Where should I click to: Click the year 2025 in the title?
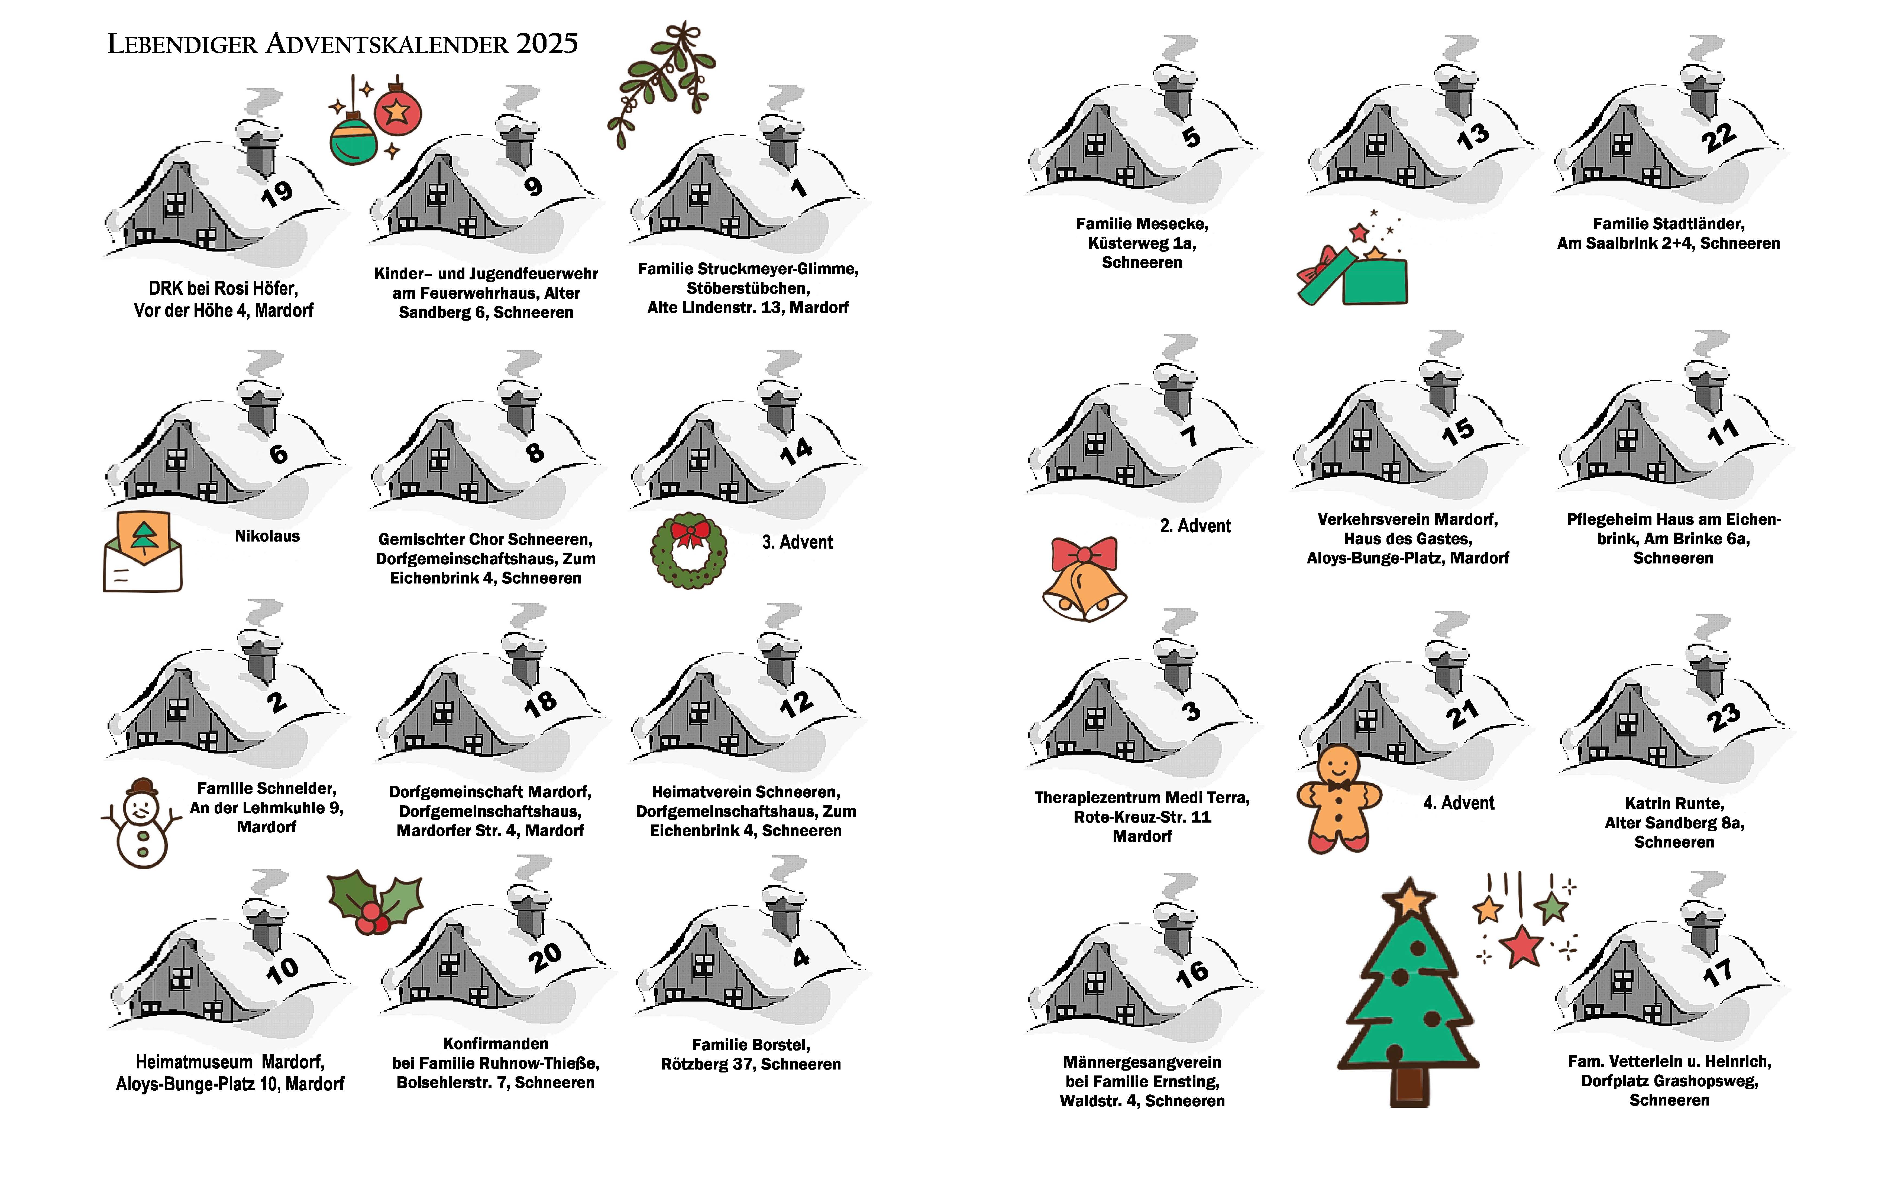547,43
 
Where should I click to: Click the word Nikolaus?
267,536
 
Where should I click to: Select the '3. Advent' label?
797,542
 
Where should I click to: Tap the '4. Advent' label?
1459,803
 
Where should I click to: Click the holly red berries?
372,918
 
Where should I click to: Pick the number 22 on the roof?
1718,138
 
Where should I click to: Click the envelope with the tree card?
143,551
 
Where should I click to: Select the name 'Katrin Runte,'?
1674,804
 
